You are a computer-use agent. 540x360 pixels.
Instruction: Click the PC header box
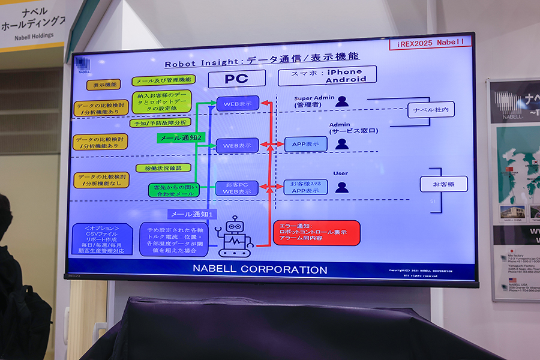(236, 79)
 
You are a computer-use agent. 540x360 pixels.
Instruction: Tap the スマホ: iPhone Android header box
(328, 75)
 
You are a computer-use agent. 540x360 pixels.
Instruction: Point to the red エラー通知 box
(317, 233)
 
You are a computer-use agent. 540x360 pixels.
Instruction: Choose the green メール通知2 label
(181, 137)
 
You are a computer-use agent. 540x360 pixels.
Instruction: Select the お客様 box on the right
(443, 184)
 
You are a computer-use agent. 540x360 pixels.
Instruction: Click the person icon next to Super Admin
(342, 101)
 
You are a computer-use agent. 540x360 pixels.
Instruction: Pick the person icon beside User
(342, 187)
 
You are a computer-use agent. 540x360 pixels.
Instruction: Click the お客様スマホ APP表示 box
(305, 187)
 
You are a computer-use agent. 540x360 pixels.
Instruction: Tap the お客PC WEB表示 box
(237, 188)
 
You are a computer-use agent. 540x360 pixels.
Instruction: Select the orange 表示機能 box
(103, 85)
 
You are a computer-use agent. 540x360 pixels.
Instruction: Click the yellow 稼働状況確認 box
(163, 168)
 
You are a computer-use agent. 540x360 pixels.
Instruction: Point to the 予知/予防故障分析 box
(160, 122)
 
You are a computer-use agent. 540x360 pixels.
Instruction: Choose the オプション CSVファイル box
(101, 240)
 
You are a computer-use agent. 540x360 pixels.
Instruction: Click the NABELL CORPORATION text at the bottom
(260, 269)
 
